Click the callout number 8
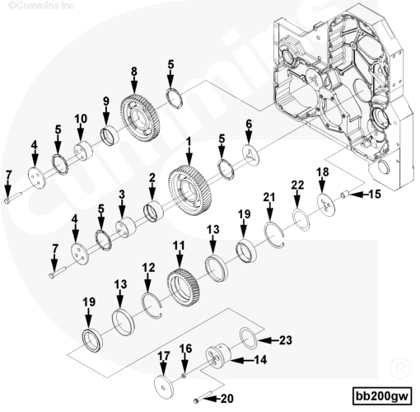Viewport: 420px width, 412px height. [x=133, y=72]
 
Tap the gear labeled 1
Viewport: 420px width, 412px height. [x=190, y=190]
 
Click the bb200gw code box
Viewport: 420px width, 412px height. [x=382, y=396]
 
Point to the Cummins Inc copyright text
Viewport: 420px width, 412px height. [x=41, y=5]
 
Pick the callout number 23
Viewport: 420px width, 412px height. [x=286, y=340]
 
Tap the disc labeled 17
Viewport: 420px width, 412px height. [x=164, y=386]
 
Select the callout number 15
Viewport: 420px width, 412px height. [x=375, y=194]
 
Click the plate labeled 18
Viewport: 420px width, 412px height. [x=326, y=205]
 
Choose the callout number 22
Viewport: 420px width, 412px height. [x=297, y=185]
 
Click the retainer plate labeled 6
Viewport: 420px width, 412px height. [x=250, y=156]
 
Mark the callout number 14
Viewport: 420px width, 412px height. [x=260, y=359]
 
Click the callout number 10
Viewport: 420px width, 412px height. [x=81, y=119]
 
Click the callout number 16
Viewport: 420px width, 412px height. [x=186, y=349]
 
